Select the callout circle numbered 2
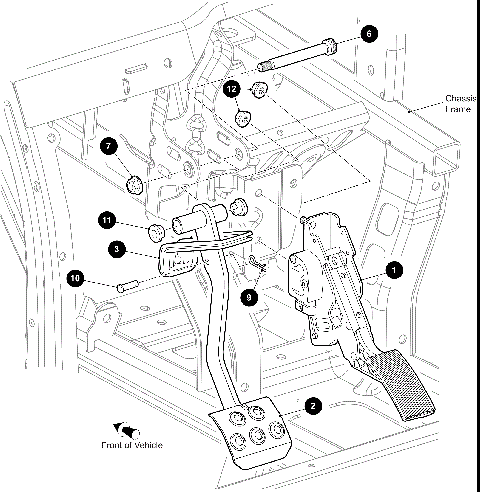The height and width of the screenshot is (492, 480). (314, 406)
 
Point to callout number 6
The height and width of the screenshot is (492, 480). (368, 33)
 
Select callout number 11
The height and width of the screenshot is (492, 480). (106, 219)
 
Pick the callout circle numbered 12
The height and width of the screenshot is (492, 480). (232, 90)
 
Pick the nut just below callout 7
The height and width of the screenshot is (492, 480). (135, 184)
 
